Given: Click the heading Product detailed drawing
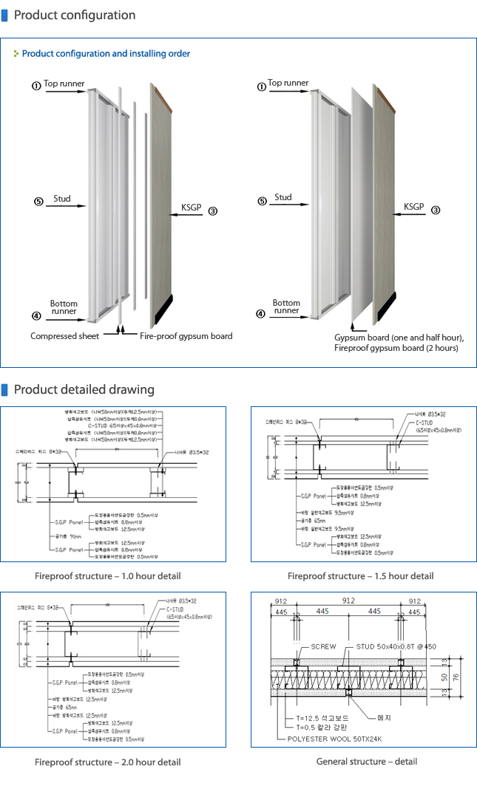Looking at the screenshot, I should click(x=84, y=389).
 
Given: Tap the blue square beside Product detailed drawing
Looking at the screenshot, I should click(x=4, y=389).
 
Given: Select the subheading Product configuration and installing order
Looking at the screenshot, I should click(x=106, y=54).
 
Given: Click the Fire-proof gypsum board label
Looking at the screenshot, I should click(x=186, y=336).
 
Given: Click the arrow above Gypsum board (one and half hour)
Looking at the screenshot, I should click(x=353, y=324).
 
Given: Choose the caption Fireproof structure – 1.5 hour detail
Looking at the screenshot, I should click(x=360, y=575).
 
